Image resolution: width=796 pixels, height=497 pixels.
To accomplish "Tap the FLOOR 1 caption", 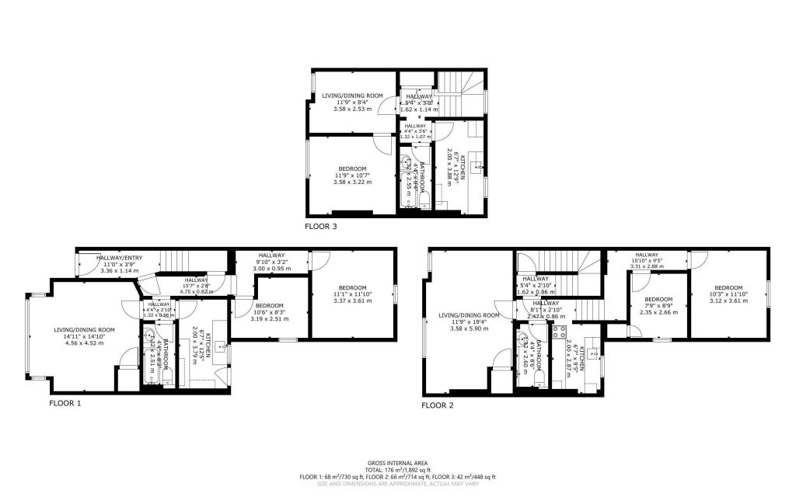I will pos(65,403).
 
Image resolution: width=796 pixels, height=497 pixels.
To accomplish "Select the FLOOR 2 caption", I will pos(438,405).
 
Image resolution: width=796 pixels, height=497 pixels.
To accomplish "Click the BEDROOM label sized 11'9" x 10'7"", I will pos(353,169).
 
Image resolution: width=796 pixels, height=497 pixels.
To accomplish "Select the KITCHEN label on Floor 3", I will pos(463,167).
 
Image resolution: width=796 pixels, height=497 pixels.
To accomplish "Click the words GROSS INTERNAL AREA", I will pos(398,463).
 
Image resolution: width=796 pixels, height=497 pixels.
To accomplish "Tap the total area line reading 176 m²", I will pos(398,469).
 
